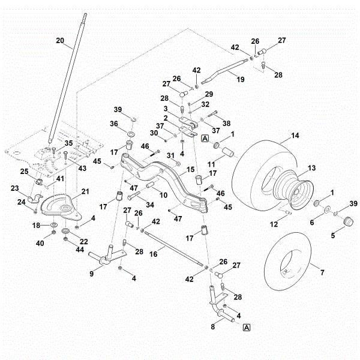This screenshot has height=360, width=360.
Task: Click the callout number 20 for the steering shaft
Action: [x=59, y=41]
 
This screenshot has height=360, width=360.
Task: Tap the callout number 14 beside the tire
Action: [x=295, y=137]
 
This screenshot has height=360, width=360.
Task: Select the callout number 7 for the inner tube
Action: [x=322, y=273]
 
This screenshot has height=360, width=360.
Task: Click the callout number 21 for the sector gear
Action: [x=85, y=191]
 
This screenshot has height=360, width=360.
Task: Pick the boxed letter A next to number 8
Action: [x=247, y=327]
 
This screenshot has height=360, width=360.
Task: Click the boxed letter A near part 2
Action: [x=205, y=138]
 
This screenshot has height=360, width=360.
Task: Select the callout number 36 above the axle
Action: [x=113, y=124]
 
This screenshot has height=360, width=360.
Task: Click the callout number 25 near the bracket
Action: [x=25, y=172]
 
